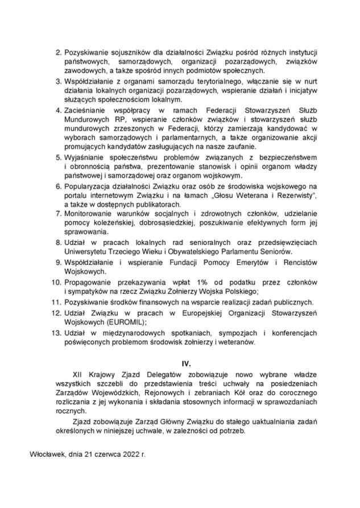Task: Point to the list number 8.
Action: click(57, 242)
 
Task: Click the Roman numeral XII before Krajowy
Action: click(79, 375)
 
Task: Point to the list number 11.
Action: click(56, 301)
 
